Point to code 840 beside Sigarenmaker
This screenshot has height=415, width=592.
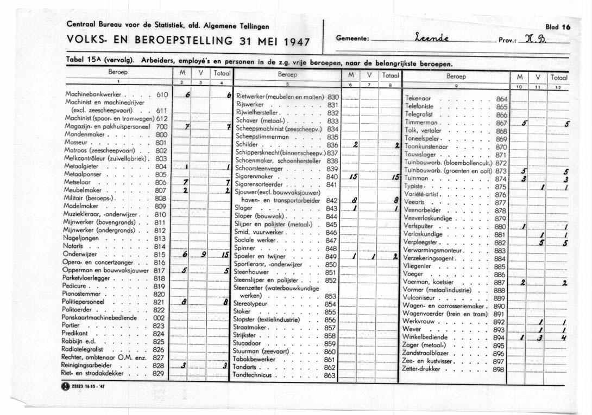coord(331,177)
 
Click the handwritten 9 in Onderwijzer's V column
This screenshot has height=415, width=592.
coord(203,255)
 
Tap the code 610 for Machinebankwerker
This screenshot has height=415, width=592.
coord(161,94)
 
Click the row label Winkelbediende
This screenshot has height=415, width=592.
coord(427,337)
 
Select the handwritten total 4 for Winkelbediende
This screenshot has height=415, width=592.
coord(565,337)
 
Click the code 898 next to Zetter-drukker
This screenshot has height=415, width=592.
coord(498,369)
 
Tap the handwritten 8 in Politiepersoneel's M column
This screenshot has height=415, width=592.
coord(185,302)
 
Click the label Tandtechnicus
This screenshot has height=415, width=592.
coord(254,375)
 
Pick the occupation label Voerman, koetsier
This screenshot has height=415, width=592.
coord(430,283)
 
